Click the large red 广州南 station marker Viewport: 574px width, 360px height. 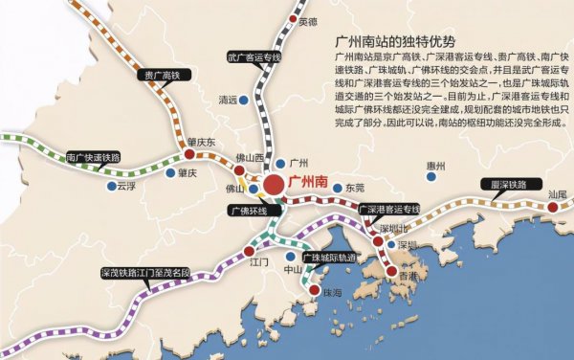click(x=275, y=186)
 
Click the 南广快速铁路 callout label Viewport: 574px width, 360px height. click(x=94, y=157)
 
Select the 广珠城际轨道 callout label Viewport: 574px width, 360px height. click(x=328, y=258)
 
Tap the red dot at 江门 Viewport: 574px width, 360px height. click(x=249, y=250)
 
